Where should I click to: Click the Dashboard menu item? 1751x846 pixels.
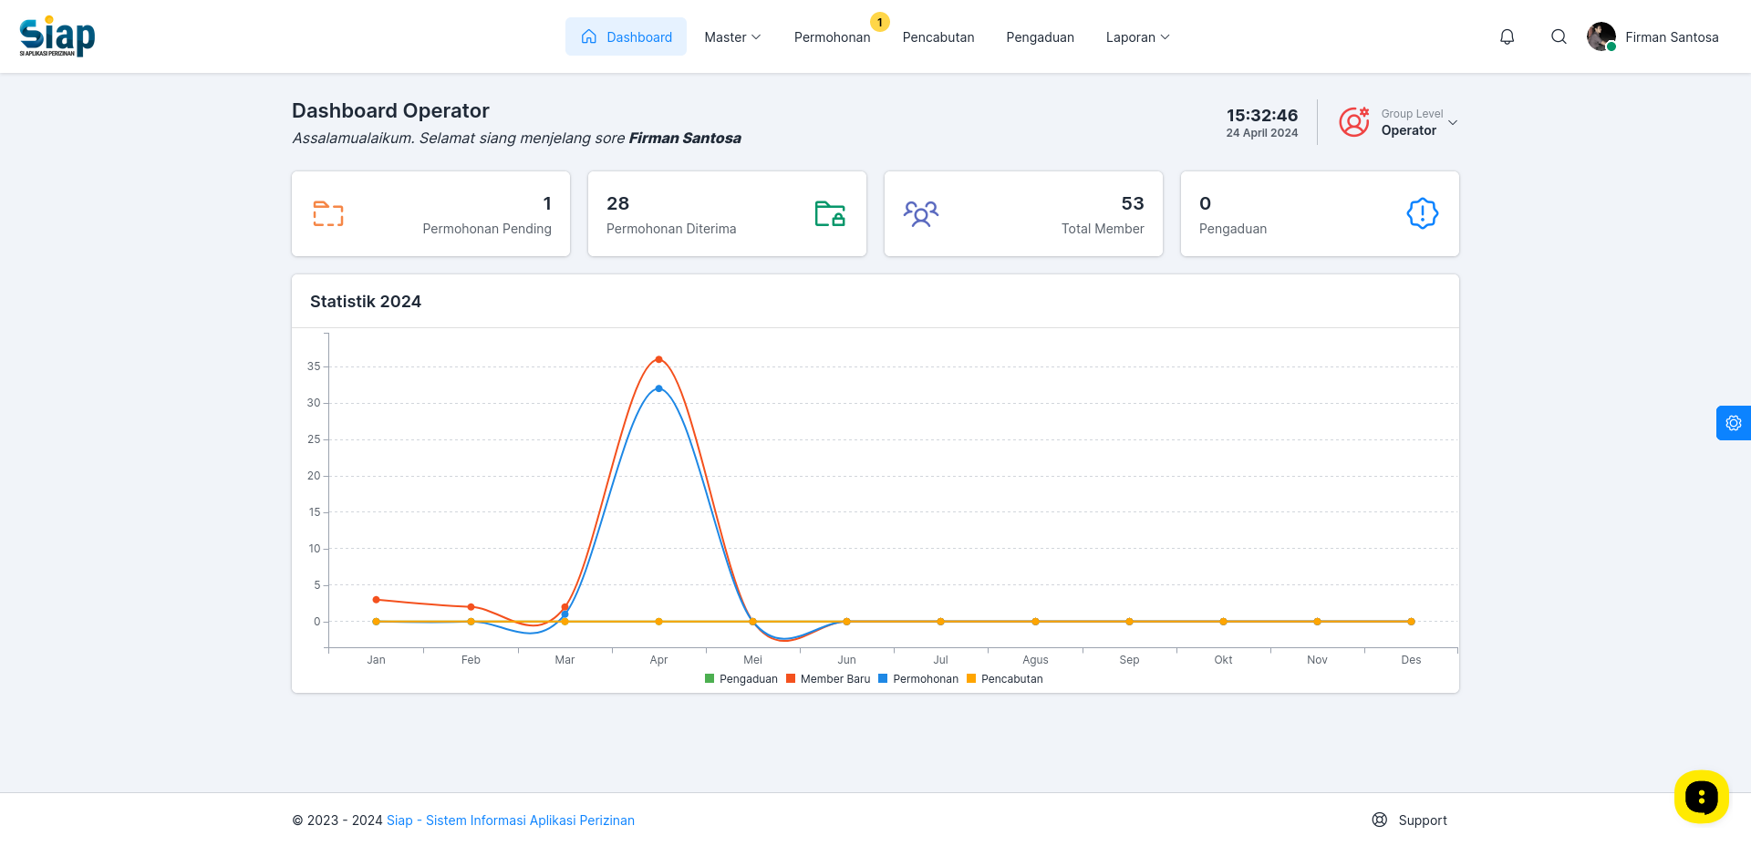pos(626,36)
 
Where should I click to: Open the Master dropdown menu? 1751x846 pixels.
pos(732,37)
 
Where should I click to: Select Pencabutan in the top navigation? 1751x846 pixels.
pos(938,37)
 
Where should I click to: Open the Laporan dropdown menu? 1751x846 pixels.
pos(1137,37)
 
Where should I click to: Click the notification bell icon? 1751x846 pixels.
pos(1508,36)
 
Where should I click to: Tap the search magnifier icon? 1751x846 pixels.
pos(1559,36)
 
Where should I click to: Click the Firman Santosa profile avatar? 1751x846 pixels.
pos(1601,36)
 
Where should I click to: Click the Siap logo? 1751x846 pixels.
pos(57,36)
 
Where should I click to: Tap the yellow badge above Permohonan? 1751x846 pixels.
pos(879,22)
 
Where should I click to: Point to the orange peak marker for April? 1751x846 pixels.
pos(658,359)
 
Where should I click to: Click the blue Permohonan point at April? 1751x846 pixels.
pos(658,388)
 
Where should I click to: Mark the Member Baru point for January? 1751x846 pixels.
pos(376,600)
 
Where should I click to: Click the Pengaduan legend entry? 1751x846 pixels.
pos(741,679)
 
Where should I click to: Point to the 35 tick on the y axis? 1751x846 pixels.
pos(314,366)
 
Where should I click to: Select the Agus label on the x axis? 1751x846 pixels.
pos(1035,660)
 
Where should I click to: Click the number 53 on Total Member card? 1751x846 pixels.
pos(1133,203)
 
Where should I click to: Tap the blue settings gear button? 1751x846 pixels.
pos(1734,423)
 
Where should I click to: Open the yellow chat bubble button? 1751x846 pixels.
pos(1702,797)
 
